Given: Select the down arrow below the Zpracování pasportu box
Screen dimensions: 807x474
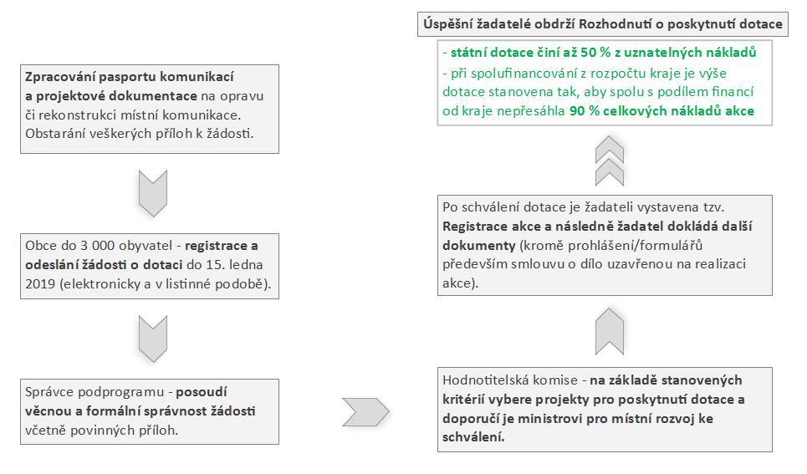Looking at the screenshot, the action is (x=153, y=193).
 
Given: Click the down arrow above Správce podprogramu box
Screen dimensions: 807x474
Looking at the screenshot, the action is (x=153, y=339).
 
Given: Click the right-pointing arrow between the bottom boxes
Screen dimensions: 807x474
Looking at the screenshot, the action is (x=365, y=412).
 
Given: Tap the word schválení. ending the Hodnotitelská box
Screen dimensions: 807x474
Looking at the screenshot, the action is (x=473, y=437).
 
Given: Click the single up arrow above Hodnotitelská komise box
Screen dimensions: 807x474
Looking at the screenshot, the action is (x=610, y=331).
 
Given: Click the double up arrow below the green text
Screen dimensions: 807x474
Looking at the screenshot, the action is (x=610, y=161).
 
